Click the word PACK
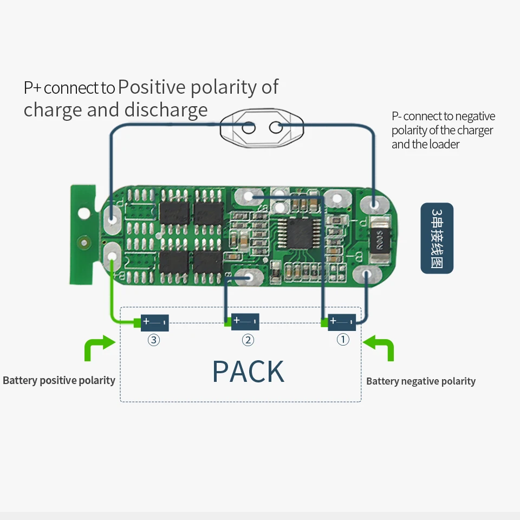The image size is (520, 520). tap(248, 371)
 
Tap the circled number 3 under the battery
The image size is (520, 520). tap(154, 340)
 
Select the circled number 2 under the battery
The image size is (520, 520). tap(248, 340)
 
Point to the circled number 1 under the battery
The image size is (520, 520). tap(343, 340)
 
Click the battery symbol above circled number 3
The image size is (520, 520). tap(155, 323)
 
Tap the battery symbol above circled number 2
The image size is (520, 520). tap(245, 322)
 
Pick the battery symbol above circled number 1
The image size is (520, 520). tap(342, 322)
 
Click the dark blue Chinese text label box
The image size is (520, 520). tap(437, 238)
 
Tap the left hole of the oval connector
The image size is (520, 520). tap(248, 128)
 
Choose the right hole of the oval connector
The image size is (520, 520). tap(275, 128)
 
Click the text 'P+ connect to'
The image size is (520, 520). tap(69, 88)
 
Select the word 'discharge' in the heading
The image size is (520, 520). tap(166, 110)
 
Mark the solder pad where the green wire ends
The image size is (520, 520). tap(112, 253)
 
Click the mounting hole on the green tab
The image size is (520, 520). tap(83, 213)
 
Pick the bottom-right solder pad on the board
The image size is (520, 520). tap(367, 275)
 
